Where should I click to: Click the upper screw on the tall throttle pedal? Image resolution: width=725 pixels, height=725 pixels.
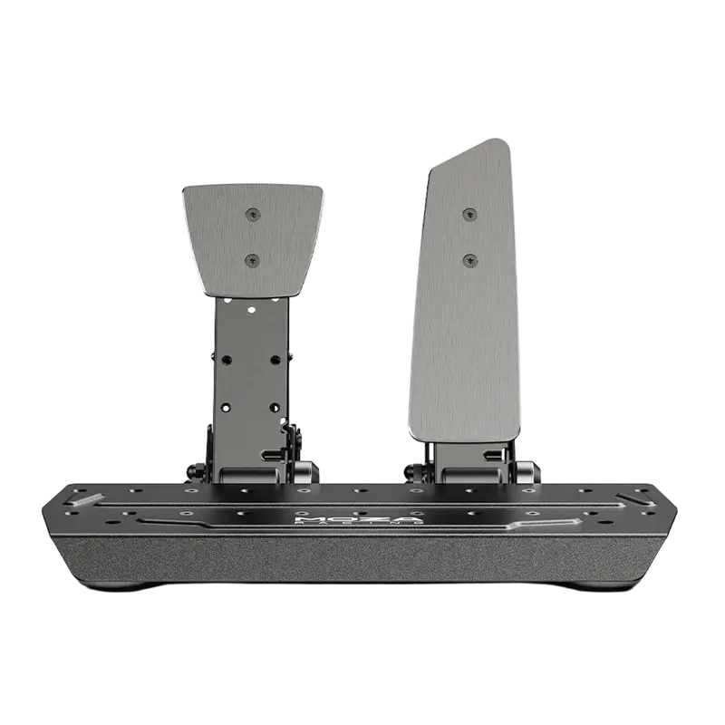469,214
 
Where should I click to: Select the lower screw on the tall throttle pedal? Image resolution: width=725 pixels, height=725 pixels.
469,260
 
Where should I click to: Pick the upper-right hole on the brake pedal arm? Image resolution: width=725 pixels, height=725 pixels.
275,360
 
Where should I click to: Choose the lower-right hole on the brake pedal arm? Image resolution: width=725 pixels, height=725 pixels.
275,407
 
